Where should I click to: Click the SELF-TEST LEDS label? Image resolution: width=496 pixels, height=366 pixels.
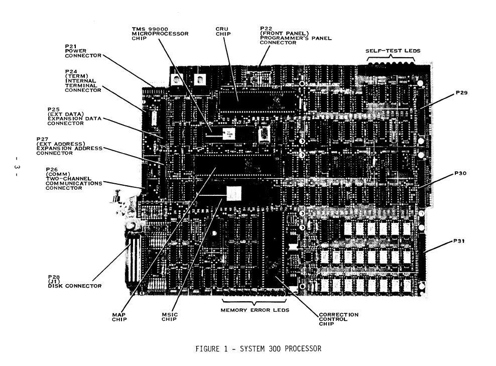click(392, 51)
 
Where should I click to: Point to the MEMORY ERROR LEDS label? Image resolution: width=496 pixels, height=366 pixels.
click(255, 310)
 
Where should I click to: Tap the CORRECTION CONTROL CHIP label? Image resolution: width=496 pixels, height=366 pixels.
click(339, 319)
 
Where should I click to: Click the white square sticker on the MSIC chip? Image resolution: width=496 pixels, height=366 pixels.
click(234, 193)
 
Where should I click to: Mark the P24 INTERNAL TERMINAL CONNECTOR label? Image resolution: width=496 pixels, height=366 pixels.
click(82, 81)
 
